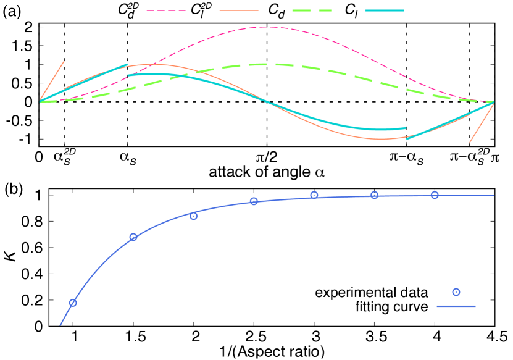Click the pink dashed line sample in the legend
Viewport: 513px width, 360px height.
165,10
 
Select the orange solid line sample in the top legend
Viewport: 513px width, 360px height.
238,10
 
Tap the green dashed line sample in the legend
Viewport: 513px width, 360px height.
311,10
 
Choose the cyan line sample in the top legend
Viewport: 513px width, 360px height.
384,10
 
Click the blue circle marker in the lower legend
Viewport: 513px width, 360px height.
456,292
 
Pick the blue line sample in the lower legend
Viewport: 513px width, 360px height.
456,306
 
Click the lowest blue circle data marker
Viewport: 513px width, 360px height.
73,303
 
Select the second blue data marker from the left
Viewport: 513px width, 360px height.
133,237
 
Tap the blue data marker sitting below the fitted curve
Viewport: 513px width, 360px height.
193,216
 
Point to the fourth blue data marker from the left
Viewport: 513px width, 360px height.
254,201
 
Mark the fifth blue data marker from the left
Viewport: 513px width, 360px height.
314,195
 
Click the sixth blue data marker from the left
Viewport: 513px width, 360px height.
374,195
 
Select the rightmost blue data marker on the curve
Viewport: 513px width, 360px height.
435,195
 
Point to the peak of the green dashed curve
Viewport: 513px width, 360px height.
266,64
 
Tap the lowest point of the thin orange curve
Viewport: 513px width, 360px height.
380,139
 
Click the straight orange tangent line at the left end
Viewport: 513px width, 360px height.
52,80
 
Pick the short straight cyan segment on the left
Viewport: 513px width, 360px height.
83,83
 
